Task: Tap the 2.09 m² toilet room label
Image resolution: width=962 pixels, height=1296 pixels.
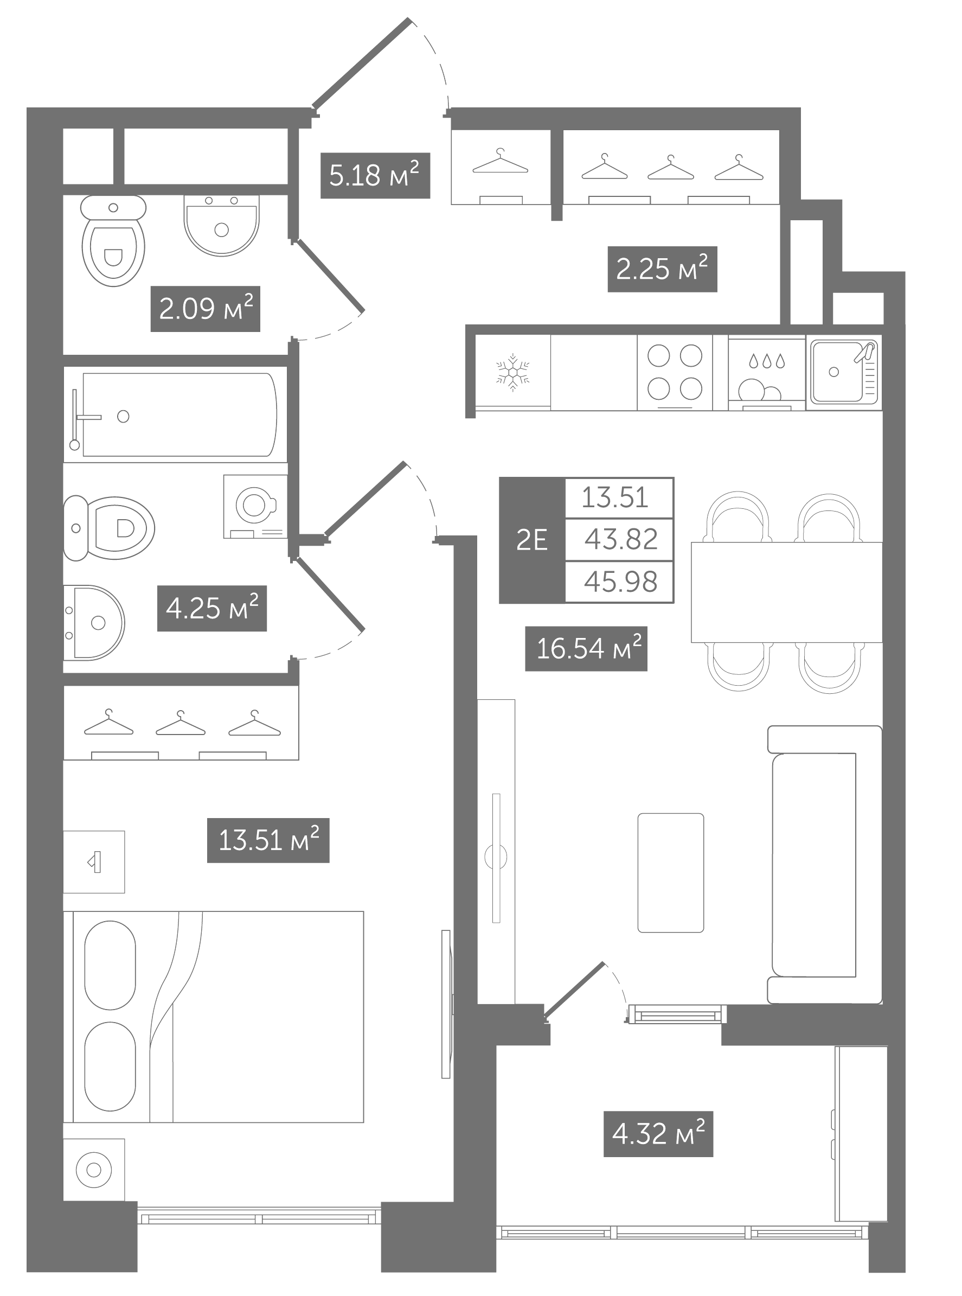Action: [206, 309]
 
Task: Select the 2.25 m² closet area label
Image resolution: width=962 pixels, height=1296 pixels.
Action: [662, 269]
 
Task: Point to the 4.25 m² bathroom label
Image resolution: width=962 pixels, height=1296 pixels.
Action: [212, 608]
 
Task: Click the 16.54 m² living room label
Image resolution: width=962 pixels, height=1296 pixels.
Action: [586, 648]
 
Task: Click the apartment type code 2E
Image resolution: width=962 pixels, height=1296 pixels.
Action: [531, 540]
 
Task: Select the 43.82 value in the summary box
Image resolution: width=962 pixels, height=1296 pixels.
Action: [621, 539]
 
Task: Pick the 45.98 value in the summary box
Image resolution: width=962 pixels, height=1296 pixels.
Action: [621, 582]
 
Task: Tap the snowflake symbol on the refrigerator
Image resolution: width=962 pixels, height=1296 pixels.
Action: [512, 372]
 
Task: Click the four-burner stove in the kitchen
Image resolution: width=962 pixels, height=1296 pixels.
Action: [675, 372]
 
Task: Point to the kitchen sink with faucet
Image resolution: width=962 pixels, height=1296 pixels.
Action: [844, 372]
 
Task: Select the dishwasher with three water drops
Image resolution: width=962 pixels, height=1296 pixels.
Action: [767, 373]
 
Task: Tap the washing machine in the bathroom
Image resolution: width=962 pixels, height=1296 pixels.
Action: [255, 506]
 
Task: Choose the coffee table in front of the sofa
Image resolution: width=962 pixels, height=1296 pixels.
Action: [671, 872]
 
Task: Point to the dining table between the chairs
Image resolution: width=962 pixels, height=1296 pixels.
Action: [787, 592]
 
